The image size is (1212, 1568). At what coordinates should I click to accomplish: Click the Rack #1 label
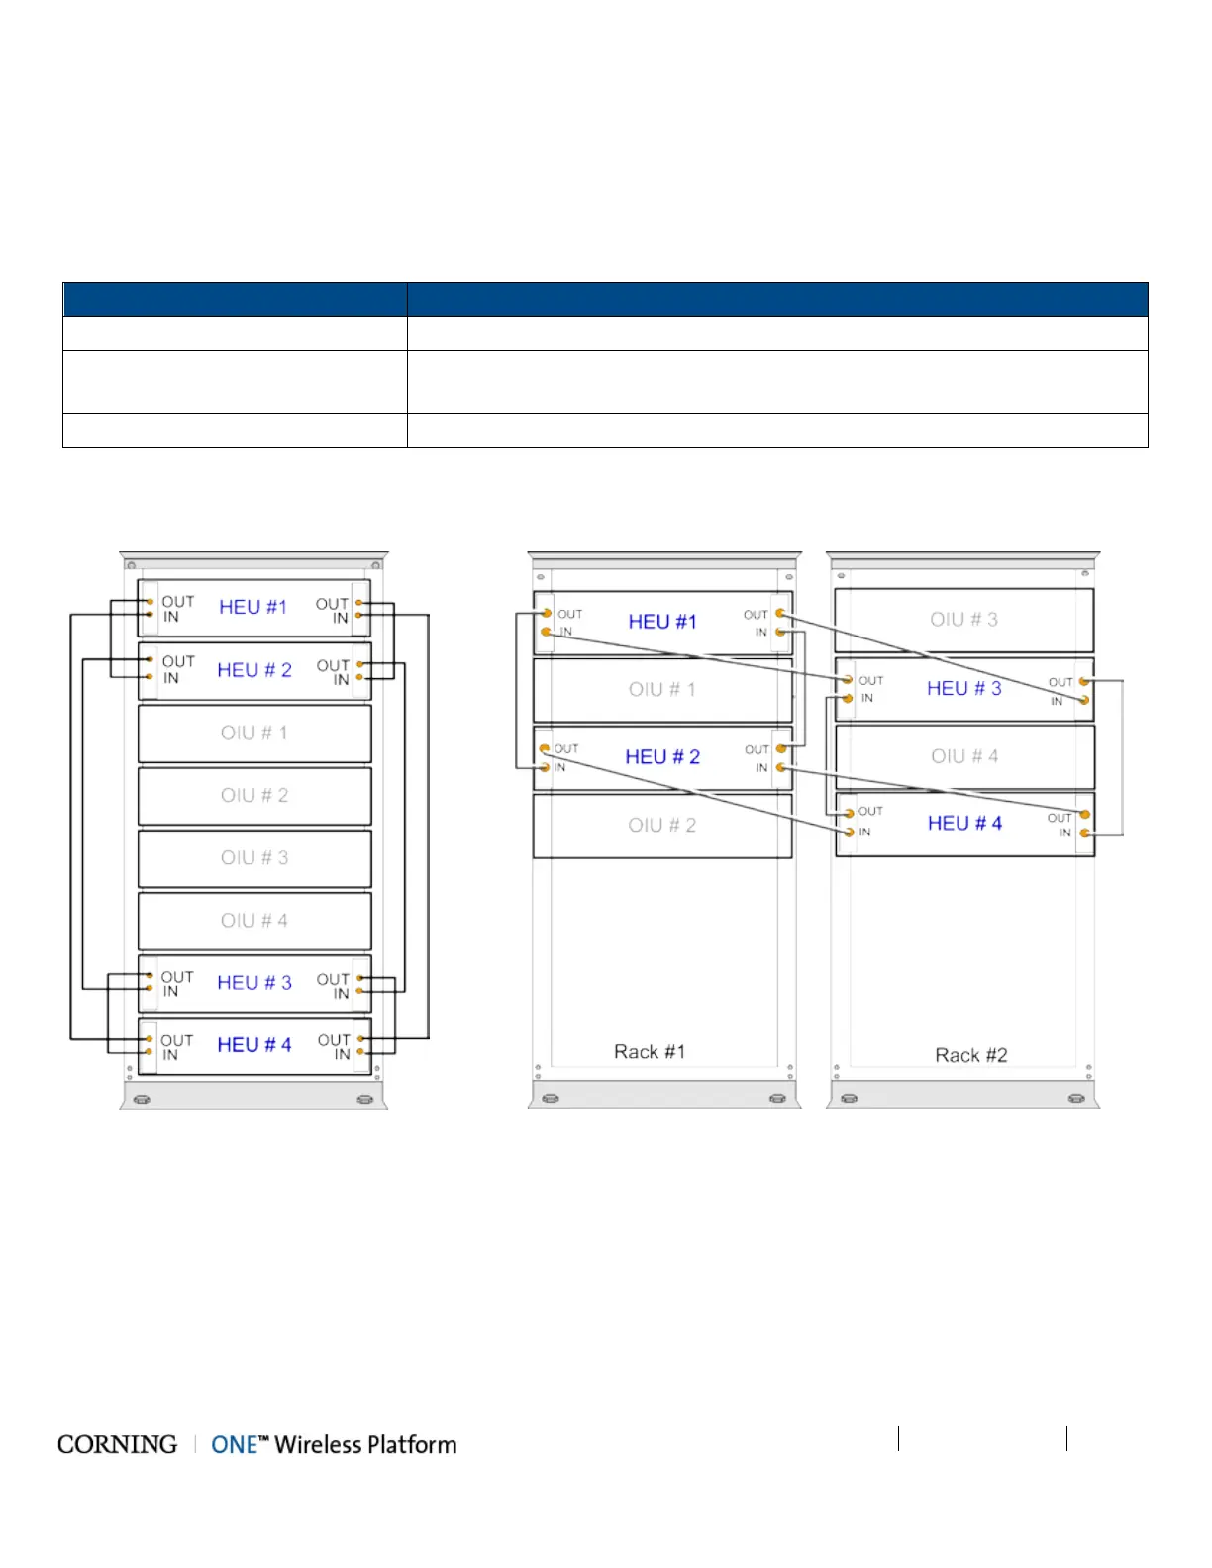(x=650, y=1051)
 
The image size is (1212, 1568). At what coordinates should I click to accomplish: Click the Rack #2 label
(x=971, y=1055)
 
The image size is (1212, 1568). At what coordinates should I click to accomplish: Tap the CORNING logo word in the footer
(x=117, y=1445)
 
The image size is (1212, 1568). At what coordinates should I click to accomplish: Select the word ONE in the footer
(x=235, y=1445)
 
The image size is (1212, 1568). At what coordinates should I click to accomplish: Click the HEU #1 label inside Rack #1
(x=662, y=622)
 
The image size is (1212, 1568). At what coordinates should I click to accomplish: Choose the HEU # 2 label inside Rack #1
(x=662, y=757)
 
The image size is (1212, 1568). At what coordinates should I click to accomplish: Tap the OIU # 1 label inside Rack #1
(x=662, y=689)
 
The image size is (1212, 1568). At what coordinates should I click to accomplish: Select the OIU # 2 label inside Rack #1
(x=662, y=825)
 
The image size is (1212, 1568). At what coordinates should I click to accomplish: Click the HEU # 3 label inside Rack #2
(x=964, y=688)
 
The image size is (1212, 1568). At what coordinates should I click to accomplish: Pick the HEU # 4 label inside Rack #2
(x=964, y=823)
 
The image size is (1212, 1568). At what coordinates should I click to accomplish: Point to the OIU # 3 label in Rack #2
(x=963, y=619)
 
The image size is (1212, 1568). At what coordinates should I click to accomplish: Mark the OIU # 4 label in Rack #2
(x=964, y=756)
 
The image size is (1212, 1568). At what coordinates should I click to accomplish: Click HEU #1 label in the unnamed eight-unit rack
(x=252, y=607)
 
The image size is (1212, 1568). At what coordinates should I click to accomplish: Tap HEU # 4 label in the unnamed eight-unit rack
(x=254, y=1045)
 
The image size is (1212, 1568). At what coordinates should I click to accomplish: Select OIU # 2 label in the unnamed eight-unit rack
(x=254, y=795)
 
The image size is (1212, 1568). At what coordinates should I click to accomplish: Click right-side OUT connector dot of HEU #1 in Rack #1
(x=780, y=614)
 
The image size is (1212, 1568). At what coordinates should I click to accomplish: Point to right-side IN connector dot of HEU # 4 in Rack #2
(x=1085, y=833)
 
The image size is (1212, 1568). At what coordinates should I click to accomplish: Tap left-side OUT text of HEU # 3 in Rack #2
(x=871, y=681)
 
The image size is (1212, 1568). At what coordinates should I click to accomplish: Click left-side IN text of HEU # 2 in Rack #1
(x=559, y=767)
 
